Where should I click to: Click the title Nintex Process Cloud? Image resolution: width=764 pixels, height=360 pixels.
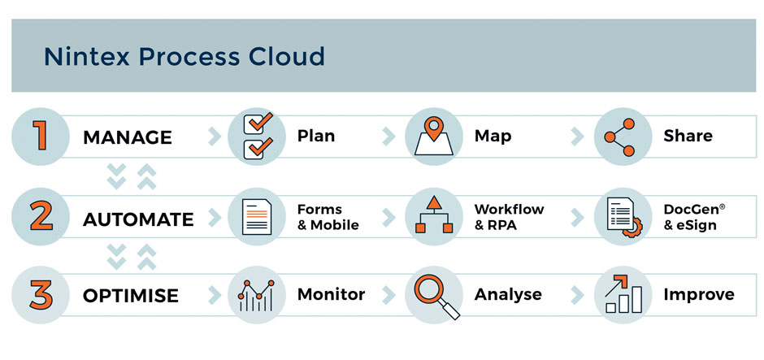tap(184, 57)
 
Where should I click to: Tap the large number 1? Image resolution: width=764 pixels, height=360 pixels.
tap(39, 136)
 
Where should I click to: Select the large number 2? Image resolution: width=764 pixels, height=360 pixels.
tap(39, 216)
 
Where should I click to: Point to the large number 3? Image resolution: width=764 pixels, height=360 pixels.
tap(39, 294)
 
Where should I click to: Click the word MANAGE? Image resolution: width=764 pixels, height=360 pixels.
tap(128, 137)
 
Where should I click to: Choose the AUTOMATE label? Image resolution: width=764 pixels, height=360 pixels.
tap(138, 219)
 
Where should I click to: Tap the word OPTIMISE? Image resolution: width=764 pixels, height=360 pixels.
tap(131, 296)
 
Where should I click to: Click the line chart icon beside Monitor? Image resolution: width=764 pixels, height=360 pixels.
tap(256, 295)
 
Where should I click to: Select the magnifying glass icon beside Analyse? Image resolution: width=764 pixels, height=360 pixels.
tap(435, 295)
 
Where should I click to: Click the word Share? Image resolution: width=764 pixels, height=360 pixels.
tap(688, 135)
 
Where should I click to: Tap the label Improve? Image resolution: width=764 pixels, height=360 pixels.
tap(698, 294)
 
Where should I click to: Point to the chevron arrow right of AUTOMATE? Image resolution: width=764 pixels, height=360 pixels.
tap(215, 217)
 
